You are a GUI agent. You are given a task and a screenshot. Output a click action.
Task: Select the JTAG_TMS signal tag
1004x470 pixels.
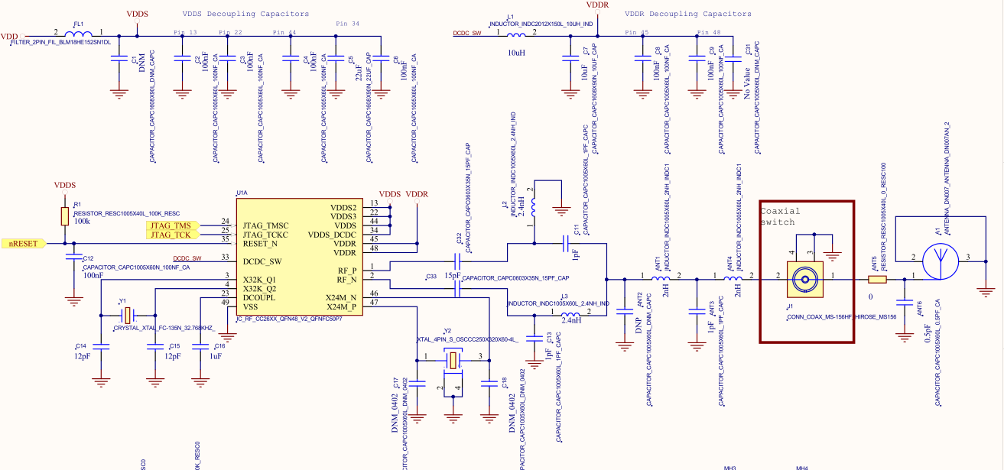point(171,225)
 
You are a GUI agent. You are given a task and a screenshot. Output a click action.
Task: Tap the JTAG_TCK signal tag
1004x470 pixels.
point(171,235)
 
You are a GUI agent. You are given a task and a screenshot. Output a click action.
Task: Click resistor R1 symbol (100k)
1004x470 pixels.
point(66,216)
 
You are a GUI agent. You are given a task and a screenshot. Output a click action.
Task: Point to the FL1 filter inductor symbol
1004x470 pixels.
point(79,35)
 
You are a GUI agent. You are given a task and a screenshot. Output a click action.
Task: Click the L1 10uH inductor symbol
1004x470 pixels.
point(517,35)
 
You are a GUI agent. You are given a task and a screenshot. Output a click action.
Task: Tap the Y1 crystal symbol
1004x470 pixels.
point(128,313)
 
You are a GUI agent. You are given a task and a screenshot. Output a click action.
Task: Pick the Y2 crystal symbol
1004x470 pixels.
point(453,359)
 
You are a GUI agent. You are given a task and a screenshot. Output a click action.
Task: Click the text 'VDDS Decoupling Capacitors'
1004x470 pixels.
point(245,14)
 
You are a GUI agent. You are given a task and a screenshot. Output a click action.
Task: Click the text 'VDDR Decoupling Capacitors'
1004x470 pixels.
point(687,14)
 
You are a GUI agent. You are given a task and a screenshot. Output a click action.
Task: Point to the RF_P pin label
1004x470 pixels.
point(346,271)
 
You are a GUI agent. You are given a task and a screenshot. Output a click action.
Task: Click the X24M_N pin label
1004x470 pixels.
point(341,297)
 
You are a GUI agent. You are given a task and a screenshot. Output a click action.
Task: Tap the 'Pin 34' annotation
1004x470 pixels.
point(347,24)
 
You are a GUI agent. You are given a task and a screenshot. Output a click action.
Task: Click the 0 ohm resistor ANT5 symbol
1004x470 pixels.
point(877,280)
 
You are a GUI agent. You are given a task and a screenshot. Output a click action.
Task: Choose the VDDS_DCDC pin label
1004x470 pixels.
point(332,235)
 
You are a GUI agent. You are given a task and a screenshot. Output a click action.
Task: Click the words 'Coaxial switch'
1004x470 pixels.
point(780,216)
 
